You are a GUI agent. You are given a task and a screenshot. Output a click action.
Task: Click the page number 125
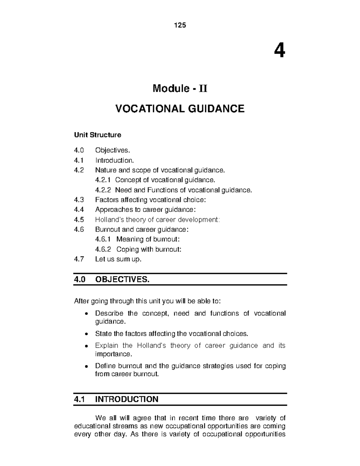(180, 25)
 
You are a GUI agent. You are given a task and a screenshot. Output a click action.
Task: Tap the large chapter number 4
(279, 51)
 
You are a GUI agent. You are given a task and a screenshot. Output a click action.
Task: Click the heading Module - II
(180, 89)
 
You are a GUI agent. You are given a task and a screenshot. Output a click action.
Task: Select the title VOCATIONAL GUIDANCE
(180, 109)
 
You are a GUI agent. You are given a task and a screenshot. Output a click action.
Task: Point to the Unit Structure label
(97, 135)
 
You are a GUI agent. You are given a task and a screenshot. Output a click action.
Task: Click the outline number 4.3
(79, 200)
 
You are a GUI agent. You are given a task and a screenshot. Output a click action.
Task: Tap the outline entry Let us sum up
(118, 259)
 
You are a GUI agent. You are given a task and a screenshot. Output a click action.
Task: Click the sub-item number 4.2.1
(103, 180)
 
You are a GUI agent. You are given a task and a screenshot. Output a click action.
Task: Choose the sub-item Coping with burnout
(149, 249)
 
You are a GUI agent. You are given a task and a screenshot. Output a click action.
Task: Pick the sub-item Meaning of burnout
(148, 239)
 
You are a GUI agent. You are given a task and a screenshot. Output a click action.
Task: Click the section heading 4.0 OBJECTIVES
(111, 280)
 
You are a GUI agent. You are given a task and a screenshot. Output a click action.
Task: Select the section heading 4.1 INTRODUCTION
(116, 399)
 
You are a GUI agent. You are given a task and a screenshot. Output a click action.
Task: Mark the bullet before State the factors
(86, 334)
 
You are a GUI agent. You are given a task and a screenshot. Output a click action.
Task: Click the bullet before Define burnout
(86, 366)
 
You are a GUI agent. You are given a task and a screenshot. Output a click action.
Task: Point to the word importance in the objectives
(113, 354)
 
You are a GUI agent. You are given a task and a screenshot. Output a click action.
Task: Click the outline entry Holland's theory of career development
(157, 220)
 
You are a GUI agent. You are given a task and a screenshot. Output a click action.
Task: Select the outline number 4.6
(79, 230)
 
